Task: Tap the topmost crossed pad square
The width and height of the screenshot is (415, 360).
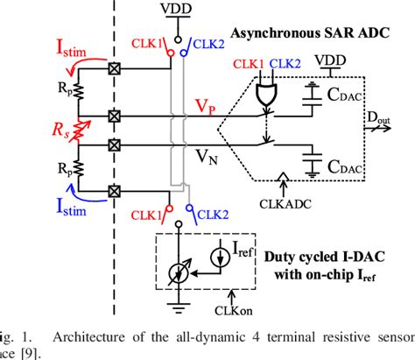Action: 112,67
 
